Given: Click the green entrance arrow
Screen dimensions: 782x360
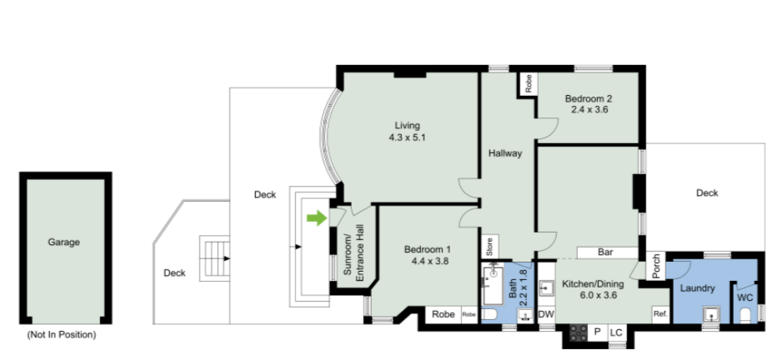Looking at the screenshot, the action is [x=317, y=217].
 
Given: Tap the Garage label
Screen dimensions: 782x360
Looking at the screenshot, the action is [x=64, y=242].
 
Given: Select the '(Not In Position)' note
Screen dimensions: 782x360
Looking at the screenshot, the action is [x=62, y=335].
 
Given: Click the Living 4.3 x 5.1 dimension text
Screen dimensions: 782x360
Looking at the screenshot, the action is [x=407, y=137].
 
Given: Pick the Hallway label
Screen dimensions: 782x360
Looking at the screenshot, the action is [x=504, y=153].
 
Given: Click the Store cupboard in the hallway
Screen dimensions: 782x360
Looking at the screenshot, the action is [x=489, y=247].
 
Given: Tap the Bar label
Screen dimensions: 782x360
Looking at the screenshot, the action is [x=605, y=252].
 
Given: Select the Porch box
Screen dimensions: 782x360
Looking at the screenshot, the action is [x=656, y=267].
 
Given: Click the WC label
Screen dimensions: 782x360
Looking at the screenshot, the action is [x=745, y=298].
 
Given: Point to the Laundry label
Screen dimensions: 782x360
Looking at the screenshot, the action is [x=697, y=288].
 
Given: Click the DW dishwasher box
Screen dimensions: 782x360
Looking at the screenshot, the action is [x=547, y=315].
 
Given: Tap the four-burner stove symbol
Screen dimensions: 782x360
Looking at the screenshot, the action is [x=578, y=333].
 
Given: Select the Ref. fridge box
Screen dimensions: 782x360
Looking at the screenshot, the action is [x=661, y=314].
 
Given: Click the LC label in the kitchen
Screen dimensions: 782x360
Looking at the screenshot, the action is [x=617, y=332].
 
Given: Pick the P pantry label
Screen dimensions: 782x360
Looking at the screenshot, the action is [x=597, y=332].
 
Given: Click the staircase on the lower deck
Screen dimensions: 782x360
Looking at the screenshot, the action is [x=215, y=258].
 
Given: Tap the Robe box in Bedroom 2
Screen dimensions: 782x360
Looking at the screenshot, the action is [x=529, y=84].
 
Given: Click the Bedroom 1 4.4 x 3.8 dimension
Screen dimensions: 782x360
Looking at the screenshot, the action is [x=428, y=260].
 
